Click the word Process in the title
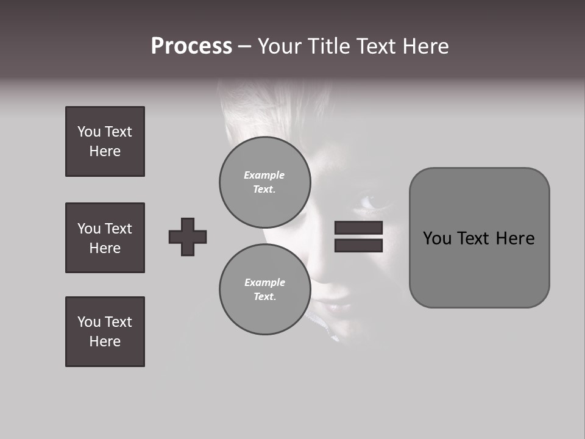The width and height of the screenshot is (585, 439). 191,46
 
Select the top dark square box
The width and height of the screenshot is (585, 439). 105,141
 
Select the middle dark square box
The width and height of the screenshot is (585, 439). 105,238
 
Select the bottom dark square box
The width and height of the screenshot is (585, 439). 105,332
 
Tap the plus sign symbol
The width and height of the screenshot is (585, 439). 188,237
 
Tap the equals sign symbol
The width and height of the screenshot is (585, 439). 358,237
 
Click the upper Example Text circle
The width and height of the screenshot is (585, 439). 264,182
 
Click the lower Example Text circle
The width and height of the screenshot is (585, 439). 264,289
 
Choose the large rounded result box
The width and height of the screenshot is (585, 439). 479,238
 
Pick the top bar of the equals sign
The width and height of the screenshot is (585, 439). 358,228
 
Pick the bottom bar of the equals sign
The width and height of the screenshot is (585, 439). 358,246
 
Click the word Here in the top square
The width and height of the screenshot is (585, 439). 105,151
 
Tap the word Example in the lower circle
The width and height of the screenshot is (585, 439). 264,282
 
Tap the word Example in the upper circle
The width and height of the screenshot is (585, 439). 264,175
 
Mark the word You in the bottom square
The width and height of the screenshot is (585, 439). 88,322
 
